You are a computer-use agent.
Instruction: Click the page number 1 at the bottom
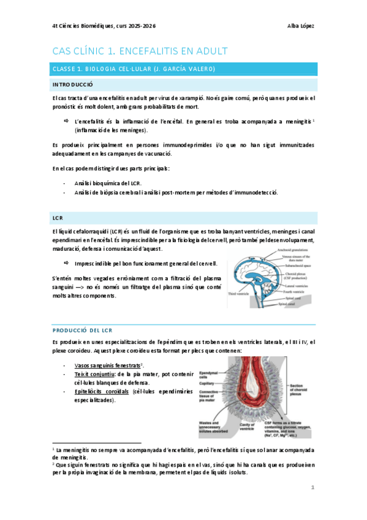point(312,488)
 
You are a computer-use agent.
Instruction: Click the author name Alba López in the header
point(300,26)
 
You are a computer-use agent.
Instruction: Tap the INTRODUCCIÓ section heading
point(72,83)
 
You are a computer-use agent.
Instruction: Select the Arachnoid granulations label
point(293,248)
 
